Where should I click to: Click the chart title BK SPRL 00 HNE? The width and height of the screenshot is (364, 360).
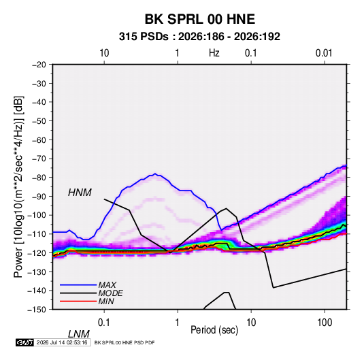point(200,19)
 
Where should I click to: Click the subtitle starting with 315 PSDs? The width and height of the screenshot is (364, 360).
point(199,37)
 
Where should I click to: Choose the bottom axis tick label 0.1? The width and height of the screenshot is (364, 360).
point(104,323)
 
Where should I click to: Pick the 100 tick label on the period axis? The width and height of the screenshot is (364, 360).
point(325,323)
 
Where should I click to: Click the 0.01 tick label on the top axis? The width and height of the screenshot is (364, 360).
point(324,53)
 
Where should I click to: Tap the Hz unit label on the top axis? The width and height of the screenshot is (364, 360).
point(214,53)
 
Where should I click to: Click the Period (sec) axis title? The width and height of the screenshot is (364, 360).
point(214,330)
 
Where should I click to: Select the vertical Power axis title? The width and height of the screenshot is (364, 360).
point(18,186)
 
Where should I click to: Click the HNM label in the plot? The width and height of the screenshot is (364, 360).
point(80,193)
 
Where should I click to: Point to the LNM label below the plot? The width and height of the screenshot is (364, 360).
point(79,334)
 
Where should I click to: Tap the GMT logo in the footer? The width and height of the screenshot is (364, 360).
point(24,342)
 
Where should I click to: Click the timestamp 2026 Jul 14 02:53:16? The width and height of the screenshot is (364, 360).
point(62,342)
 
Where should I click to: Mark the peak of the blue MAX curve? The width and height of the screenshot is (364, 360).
point(155,174)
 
